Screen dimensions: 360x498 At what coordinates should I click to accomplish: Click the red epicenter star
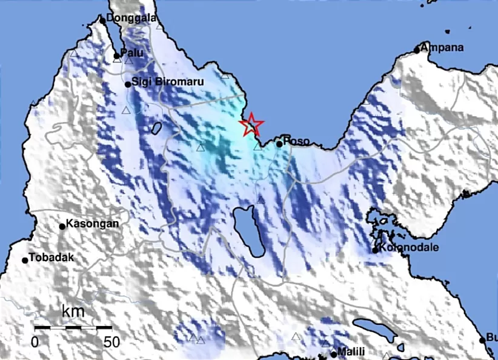[x=251, y=125]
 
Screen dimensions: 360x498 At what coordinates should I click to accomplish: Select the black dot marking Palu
[x=117, y=56]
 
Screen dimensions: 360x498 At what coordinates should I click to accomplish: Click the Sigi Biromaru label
[x=164, y=83]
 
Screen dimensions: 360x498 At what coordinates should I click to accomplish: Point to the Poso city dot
[x=279, y=144]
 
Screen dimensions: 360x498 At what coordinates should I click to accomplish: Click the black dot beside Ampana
[x=417, y=50]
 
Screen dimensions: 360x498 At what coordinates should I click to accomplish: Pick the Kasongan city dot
[x=62, y=227]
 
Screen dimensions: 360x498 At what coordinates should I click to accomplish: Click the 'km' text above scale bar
[x=73, y=313]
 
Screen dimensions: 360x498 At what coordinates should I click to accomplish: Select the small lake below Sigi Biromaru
[x=156, y=128]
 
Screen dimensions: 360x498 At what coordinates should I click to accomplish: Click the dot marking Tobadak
[x=25, y=260]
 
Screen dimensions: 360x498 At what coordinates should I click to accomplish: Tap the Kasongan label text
[x=92, y=224]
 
